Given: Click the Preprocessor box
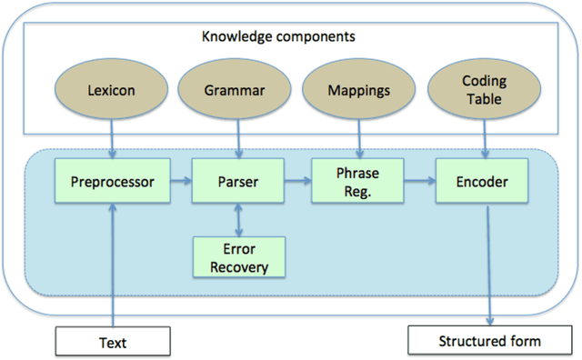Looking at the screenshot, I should point(111,182).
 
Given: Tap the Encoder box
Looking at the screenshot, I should point(481,182).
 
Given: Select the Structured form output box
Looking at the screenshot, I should point(490,342).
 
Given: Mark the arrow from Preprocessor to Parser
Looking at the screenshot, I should point(178,182).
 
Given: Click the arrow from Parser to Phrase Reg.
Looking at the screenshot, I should point(297,182).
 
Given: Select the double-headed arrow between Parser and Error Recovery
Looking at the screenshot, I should point(239,219).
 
